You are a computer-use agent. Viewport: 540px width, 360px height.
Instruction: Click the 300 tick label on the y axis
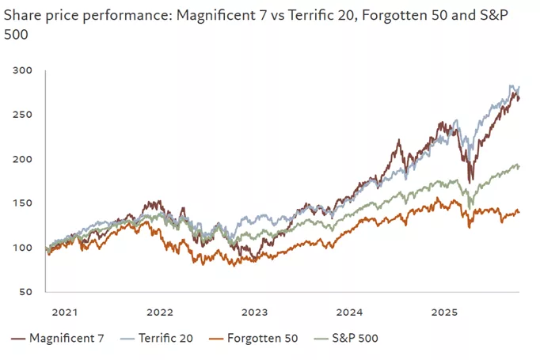[x=24, y=70]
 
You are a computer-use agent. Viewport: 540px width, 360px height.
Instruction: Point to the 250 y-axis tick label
[x=24, y=115]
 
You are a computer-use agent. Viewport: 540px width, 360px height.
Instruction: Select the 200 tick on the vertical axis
[x=24, y=159]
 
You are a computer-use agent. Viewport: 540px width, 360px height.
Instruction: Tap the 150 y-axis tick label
[x=24, y=203]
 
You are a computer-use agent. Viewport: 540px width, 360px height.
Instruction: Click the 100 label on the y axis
[x=24, y=248]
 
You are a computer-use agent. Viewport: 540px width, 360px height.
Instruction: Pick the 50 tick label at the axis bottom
[x=27, y=292]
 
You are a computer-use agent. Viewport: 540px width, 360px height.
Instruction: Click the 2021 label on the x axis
[x=63, y=312]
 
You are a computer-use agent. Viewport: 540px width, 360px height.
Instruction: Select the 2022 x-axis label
[x=160, y=312]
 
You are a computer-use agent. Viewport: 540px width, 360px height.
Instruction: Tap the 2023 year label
[x=256, y=312]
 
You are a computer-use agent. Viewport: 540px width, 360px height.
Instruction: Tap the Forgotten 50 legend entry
[x=258, y=339]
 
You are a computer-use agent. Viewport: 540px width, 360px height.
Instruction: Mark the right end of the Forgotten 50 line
[x=519, y=211]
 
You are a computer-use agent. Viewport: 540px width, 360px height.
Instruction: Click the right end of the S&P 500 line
[x=519, y=166]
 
